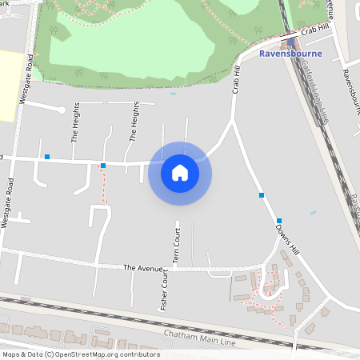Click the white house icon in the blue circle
180,173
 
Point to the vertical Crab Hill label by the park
237,81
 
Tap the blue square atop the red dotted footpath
103,166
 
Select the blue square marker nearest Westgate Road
47,157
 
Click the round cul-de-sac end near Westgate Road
62,108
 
